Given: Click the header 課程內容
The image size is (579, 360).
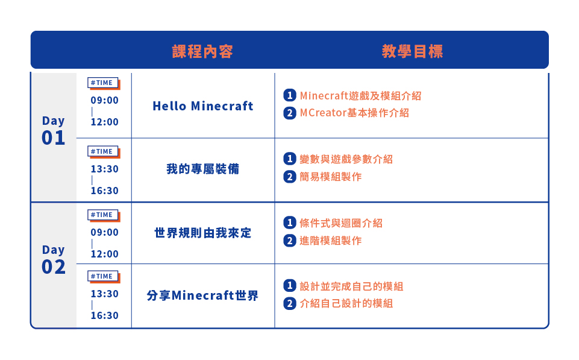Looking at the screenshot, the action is [202, 51].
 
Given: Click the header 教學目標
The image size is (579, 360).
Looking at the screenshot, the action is [413, 51].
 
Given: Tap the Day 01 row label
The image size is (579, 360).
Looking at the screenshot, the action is [54, 130].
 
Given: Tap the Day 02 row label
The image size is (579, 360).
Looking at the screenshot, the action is [54, 259].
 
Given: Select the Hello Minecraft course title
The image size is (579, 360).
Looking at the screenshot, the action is [202, 106].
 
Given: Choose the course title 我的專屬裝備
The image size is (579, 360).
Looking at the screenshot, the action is [202, 169].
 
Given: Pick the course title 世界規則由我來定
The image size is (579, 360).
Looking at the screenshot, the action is [202, 233].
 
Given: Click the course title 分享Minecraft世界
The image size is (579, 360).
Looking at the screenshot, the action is [202, 295].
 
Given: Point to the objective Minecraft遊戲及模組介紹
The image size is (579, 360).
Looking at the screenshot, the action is [360, 96].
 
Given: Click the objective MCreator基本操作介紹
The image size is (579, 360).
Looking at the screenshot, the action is [354, 113].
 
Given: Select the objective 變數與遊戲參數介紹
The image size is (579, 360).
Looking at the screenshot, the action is [346, 159].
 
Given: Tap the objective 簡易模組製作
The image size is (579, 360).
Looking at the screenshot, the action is [331, 177].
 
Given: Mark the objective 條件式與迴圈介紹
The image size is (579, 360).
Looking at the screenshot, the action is [341, 223].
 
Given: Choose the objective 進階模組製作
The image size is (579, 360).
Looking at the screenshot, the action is [331, 241].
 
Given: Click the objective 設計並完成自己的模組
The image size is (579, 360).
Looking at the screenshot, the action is [351, 286].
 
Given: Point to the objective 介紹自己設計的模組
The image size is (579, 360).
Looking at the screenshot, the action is [346, 303].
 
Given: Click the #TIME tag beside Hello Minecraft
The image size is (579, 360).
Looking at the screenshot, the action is [104, 83].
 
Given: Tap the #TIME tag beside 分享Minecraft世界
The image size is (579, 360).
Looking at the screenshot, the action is [104, 276].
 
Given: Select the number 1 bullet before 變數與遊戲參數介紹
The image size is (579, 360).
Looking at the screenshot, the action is [290, 159].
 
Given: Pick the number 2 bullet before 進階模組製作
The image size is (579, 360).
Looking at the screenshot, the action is [290, 241].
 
